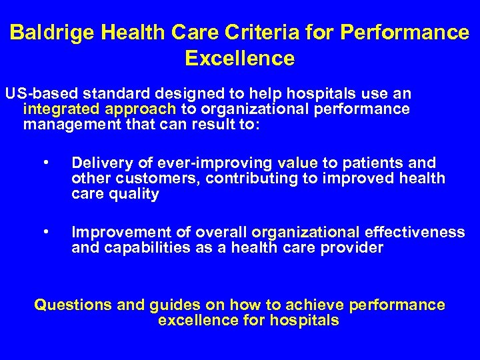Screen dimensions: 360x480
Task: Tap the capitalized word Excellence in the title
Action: [240, 59]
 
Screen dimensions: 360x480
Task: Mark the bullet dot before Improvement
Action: [45, 232]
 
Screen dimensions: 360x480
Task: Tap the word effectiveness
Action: [414, 232]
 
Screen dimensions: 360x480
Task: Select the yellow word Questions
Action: [73, 305]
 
